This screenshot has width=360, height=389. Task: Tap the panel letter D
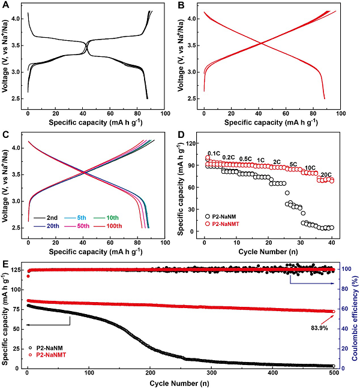tap(183, 133)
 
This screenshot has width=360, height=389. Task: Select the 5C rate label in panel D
tap(293, 164)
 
